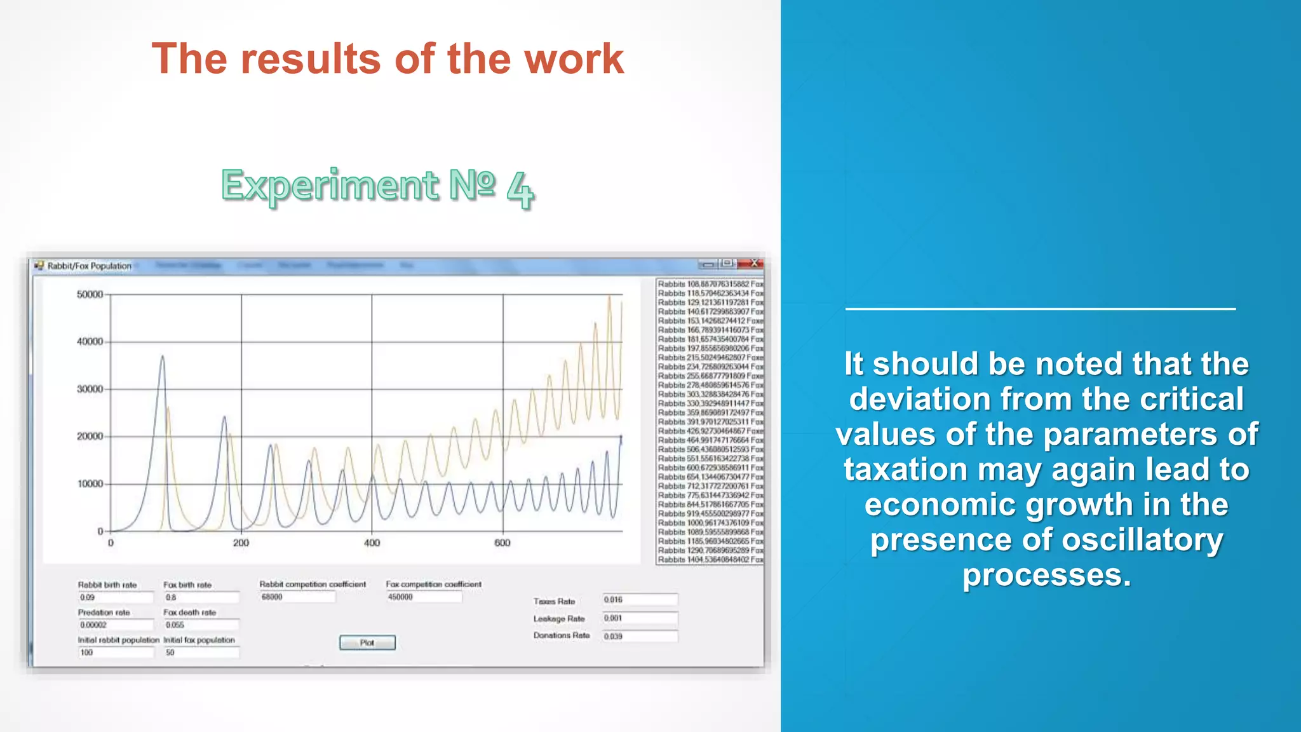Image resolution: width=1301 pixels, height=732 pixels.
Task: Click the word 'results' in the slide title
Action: coord(311,59)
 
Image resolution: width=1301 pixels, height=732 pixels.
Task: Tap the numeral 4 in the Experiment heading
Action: coord(520,189)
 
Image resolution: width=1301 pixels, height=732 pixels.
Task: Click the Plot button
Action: coord(367,642)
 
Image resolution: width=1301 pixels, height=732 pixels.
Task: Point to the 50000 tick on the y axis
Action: coord(90,295)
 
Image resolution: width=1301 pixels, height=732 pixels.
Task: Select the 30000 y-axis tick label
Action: coord(90,389)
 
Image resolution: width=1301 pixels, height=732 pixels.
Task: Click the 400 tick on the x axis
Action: coord(372,543)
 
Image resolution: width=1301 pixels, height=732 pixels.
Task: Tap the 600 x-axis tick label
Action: coord(502,543)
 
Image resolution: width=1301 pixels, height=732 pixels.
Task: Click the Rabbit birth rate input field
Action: coord(115,597)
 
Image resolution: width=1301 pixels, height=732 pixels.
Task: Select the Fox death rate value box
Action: coord(201,625)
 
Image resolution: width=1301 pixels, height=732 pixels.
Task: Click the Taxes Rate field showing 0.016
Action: coord(640,600)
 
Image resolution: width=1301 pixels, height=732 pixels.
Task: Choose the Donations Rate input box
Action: coord(640,636)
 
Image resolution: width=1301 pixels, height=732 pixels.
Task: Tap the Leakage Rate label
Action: coord(559,618)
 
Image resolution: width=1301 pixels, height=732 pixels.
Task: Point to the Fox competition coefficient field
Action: coord(423,597)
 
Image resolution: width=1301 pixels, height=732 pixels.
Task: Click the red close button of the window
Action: coord(754,264)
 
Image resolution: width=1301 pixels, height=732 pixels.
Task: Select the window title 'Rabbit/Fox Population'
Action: coord(90,266)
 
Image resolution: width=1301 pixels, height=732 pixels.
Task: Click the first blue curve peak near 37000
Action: coord(163,357)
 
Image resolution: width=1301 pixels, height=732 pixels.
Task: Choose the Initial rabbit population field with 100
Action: coord(115,653)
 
